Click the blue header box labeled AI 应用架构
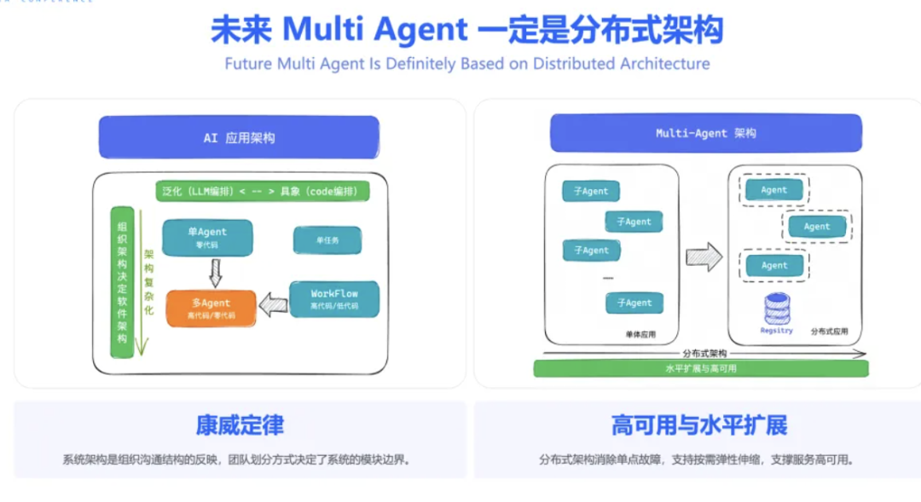click(x=239, y=137)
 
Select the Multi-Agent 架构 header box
click(x=705, y=133)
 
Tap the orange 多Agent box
click(x=211, y=308)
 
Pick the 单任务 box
click(x=327, y=240)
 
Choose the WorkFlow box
click(x=334, y=298)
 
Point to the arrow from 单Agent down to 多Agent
click(x=215, y=273)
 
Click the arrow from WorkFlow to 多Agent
click(x=273, y=304)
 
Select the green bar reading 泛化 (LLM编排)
click(x=263, y=192)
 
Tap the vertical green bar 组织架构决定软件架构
click(x=122, y=281)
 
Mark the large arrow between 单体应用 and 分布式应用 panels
click(x=704, y=257)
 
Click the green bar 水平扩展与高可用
click(x=700, y=368)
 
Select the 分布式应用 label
click(x=828, y=331)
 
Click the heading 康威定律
click(x=240, y=424)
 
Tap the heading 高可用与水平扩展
click(x=698, y=424)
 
